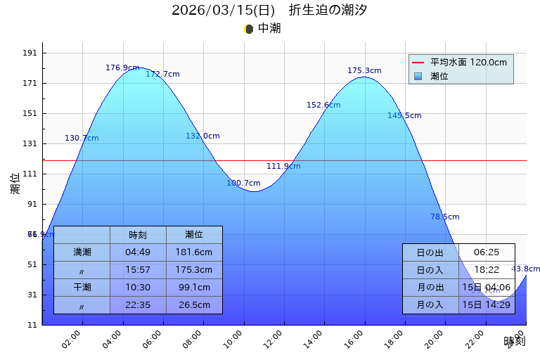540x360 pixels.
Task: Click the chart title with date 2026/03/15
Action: point(269,11)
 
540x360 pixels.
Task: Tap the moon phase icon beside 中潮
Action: point(248,29)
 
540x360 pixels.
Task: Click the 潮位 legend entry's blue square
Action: point(418,76)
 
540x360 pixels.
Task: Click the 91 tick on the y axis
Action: point(32,204)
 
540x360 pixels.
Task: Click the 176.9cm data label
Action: point(122,68)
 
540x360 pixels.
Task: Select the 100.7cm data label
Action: point(243,183)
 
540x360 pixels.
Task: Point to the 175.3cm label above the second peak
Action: point(364,70)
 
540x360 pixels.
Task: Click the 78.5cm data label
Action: point(444,217)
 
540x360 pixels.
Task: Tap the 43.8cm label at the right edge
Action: point(525,269)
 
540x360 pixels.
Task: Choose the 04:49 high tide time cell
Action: point(138,252)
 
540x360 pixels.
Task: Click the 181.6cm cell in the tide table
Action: point(194,252)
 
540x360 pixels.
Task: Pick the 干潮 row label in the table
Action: point(82,287)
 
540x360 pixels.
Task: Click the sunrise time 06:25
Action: point(487,252)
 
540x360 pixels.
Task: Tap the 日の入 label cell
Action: point(430,269)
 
